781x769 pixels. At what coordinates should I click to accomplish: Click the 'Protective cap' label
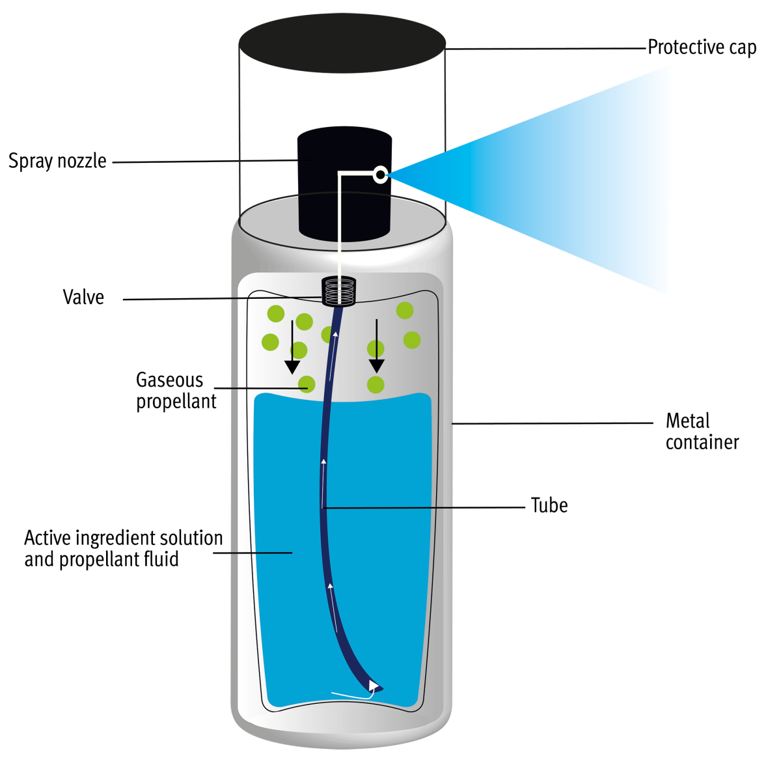[702, 48]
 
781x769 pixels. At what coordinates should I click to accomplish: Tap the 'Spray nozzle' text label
[57, 161]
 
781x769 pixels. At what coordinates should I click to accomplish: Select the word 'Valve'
[83, 298]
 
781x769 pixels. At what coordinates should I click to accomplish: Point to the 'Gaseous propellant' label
[176, 390]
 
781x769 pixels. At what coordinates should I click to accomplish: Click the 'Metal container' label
[702, 431]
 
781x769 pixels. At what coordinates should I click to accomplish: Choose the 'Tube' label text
[549, 505]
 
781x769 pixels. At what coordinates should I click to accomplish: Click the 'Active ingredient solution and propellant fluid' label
[123, 548]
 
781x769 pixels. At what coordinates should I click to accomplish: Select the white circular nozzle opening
[381, 174]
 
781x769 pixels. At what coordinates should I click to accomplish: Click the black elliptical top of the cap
[342, 43]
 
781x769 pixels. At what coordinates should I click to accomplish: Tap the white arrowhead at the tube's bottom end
[374, 685]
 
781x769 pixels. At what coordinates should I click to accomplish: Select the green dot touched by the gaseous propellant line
[307, 384]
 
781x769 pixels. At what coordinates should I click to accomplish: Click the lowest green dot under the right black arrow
[376, 384]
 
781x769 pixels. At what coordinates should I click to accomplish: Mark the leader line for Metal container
[553, 423]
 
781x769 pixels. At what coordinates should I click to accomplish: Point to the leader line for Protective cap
[547, 48]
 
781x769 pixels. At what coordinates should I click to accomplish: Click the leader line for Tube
[423, 507]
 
